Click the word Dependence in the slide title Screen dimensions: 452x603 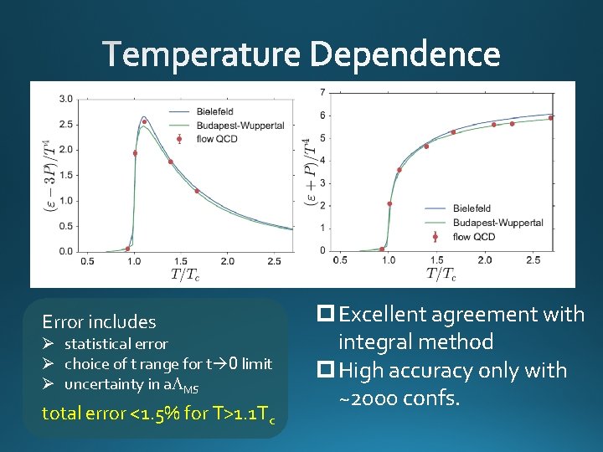[405, 56]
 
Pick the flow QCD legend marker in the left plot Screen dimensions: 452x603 [179, 139]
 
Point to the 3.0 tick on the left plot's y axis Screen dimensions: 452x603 [64, 99]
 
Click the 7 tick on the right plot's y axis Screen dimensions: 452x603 [323, 91]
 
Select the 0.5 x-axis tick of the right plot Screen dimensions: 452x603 [340, 260]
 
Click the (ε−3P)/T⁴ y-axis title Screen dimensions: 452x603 [48, 176]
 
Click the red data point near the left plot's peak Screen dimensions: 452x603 [144, 122]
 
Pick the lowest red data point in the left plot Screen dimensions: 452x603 [127, 249]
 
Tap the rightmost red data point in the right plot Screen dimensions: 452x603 [550, 118]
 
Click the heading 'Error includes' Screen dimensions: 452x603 [99, 321]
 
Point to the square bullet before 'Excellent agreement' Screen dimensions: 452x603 [326, 315]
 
